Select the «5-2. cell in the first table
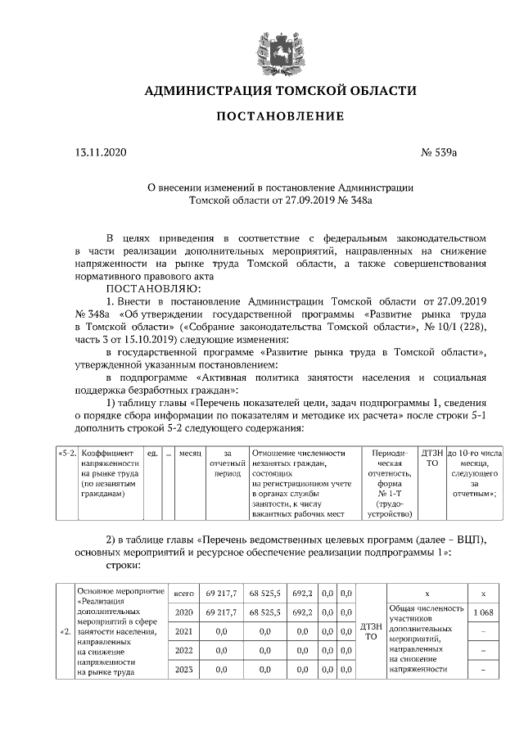[x=66, y=452]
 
